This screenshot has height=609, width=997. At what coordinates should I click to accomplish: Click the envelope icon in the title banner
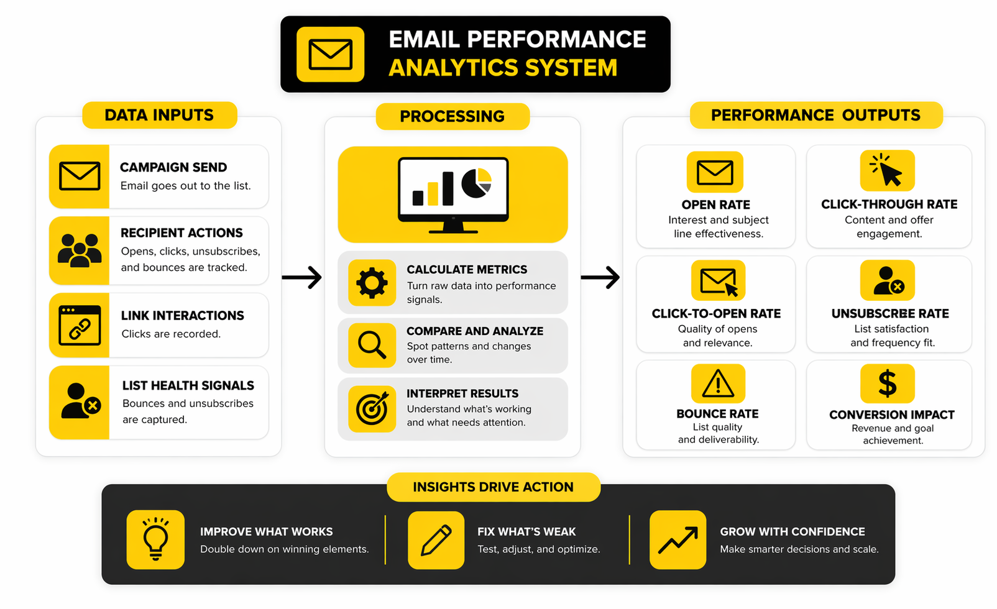[x=330, y=55]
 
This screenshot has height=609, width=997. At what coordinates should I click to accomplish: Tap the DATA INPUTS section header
[x=159, y=116]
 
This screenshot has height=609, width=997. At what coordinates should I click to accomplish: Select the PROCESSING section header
[x=453, y=117]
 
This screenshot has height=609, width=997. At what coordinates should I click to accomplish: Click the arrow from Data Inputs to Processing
[x=302, y=277]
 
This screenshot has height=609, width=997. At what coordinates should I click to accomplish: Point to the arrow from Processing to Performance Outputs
[x=600, y=277]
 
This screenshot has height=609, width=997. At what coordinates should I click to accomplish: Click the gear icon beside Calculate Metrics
[x=372, y=283]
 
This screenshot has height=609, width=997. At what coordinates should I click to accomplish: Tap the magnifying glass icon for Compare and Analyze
[x=372, y=345]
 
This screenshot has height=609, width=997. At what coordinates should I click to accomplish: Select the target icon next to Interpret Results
[x=372, y=408]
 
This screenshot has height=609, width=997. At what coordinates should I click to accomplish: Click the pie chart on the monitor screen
[x=477, y=183]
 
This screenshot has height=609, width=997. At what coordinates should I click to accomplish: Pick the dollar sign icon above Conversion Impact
[x=887, y=383]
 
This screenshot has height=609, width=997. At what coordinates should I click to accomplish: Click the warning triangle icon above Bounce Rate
[x=718, y=383]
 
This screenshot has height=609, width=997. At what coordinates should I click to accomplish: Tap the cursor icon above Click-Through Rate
[x=887, y=171]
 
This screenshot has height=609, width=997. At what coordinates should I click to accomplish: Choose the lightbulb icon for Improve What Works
[x=155, y=539]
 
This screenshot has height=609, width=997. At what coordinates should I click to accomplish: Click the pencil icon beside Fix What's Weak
[x=436, y=540]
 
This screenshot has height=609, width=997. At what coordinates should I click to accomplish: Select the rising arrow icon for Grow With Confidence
[x=678, y=540]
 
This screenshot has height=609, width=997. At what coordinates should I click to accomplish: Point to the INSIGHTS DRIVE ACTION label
[x=493, y=487]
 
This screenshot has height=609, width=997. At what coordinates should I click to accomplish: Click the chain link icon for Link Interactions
[x=80, y=326]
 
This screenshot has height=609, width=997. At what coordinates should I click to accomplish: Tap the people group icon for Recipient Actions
[x=80, y=250]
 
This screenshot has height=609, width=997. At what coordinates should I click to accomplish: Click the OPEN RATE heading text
[x=715, y=205]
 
